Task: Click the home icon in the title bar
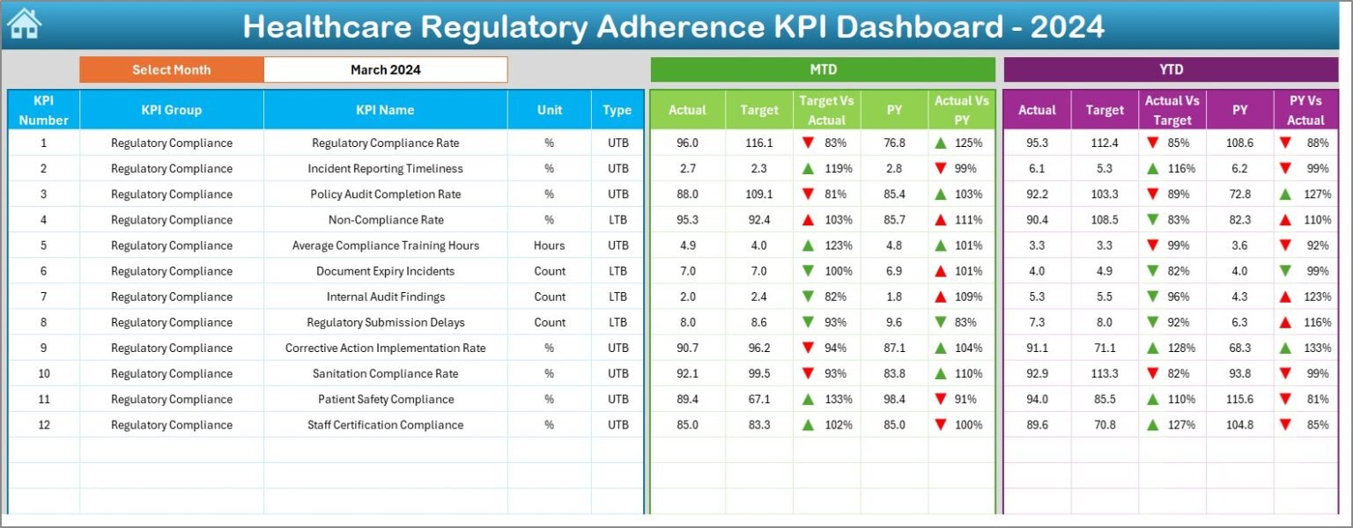(x=24, y=24)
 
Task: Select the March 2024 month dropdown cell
(x=385, y=70)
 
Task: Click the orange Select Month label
(x=172, y=70)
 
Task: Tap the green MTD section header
(x=823, y=70)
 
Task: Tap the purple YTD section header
(x=1171, y=70)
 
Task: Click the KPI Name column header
(x=385, y=110)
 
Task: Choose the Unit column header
(x=549, y=110)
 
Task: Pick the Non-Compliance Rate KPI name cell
(x=385, y=220)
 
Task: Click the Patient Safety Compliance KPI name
(x=386, y=400)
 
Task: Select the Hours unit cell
(x=549, y=246)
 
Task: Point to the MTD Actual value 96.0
(x=687, y=143)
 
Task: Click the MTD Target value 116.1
(x=758, y=143)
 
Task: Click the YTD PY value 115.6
(x=1239, y=400)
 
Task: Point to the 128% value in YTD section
(x=1182, y=348)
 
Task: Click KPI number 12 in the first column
(x=43, y=425)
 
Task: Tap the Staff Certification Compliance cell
(x=385, y=425)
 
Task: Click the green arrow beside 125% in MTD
(x=941, y=143)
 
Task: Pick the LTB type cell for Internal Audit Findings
(x=617, y=297)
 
